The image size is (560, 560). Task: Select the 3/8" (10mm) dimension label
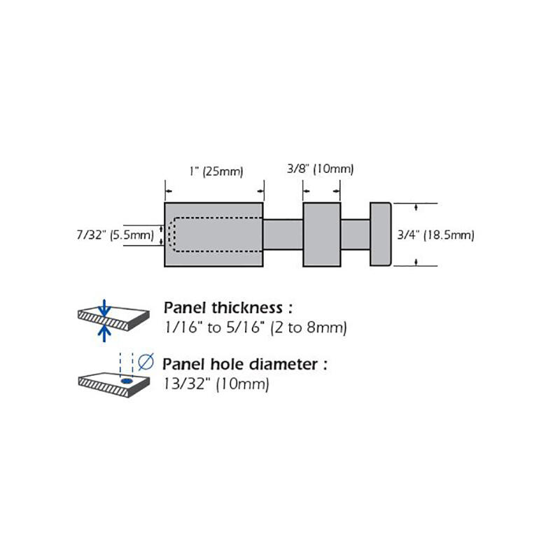pos(321,169)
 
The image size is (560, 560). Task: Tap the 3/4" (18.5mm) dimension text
pos(435,235)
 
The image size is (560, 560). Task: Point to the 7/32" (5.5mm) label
pos(115,235)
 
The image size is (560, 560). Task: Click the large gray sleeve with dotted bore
pos(213,256)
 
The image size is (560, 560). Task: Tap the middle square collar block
pos(321,234)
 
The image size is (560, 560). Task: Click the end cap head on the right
pos(380,234)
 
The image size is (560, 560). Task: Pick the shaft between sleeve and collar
pos(283,234)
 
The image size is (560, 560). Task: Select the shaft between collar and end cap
pos(355,234)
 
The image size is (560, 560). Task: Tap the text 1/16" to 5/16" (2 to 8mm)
pos(255,327)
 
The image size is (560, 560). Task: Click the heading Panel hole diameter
pos(245,364)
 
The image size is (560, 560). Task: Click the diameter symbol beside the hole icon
pos(146,362)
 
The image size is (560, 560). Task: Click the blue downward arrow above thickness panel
pos(104,306)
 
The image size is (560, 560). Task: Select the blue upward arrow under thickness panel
pos(104,332)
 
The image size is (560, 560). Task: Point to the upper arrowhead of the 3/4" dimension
pos(416,207)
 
